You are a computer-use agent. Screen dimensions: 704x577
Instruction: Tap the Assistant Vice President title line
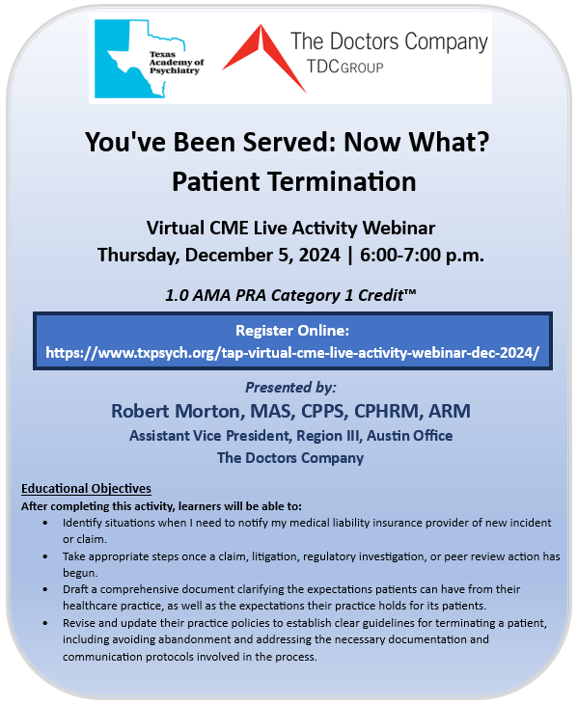pyautogui.click(x=290, y=436)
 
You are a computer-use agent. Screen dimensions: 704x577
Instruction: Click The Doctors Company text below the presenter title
pyautogui.click(x=290, y=457)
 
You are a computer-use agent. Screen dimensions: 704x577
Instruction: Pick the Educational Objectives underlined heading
pyautogui.click(x=86, y=488)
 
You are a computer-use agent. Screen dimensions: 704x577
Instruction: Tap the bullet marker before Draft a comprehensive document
pyautogui.click(x=49, y=588)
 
